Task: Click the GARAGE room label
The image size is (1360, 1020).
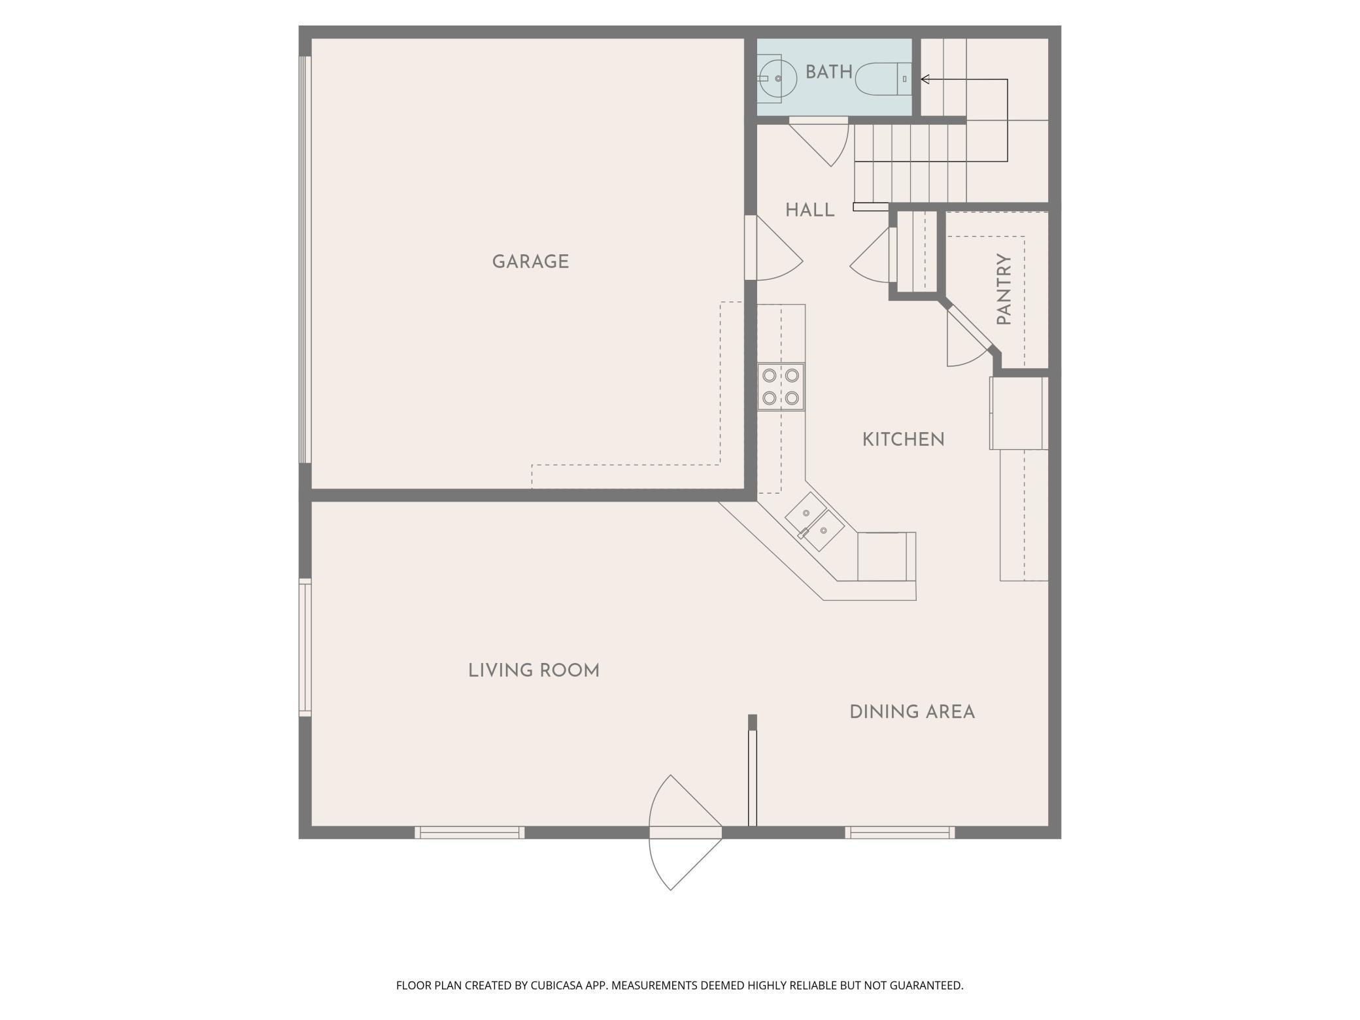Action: pos(530,262)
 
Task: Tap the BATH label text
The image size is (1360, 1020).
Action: pos(829,72)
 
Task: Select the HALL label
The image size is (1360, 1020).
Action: pos(809,210)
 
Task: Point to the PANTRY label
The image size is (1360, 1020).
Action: pos(1004,289)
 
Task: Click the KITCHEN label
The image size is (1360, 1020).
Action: pos(903,439)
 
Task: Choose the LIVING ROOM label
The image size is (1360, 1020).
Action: pos(534,670)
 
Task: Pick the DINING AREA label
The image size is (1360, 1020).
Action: pos(912,712)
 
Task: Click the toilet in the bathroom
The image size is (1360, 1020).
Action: pos(883,79)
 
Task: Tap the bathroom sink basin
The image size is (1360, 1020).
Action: pos(777,78)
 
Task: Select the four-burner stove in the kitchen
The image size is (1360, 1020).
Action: pos(781,386)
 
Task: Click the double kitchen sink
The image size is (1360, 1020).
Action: pos(814,522)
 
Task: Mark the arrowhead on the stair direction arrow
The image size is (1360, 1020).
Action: pos(925,79)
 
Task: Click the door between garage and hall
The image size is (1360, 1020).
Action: pos(773,248)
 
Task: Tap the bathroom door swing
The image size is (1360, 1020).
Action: pos(819,141)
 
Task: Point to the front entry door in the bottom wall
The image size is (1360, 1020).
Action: pos(685,832)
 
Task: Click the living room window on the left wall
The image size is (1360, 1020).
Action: pos(305,647)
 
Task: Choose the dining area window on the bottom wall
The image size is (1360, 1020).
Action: pos(900,832)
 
